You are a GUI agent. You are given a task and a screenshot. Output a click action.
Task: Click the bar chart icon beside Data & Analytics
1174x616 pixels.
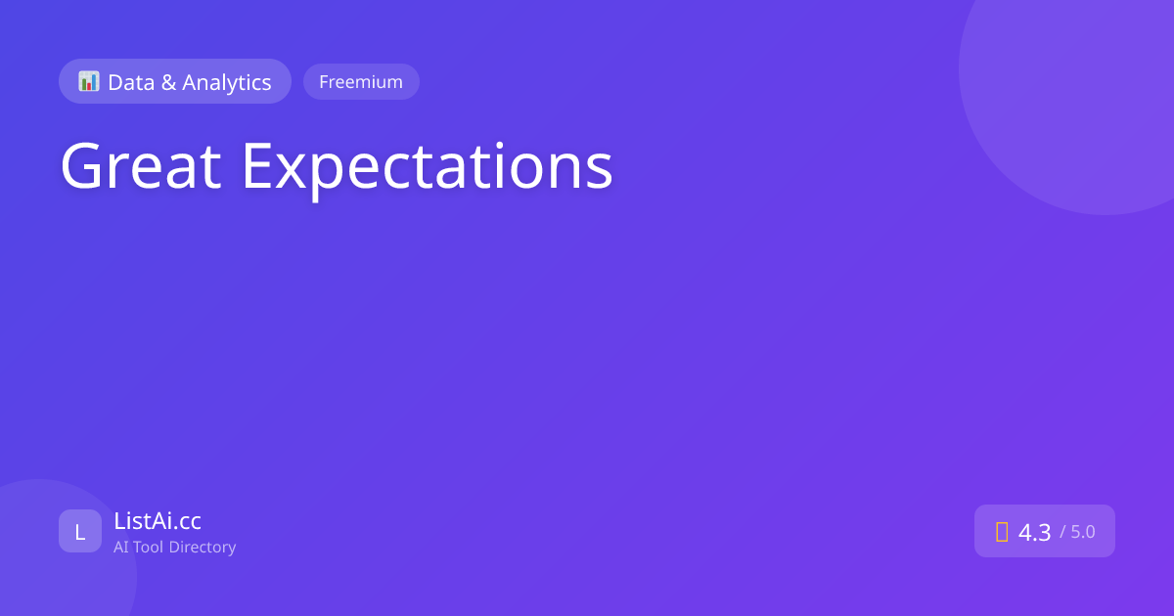tap(89, 81)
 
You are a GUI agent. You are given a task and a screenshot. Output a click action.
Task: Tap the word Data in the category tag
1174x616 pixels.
tap(131, 82)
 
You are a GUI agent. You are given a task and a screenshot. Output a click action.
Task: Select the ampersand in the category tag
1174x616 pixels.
tap(168, 82)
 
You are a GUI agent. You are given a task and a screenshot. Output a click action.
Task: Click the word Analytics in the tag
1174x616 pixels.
tap(226, 83)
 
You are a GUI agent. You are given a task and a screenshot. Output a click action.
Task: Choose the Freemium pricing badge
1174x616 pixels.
tap(361, 82)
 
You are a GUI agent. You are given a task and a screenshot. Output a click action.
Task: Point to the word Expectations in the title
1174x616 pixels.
tap(427, 168)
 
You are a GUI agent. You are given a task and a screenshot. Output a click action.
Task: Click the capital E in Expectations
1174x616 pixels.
tap(257, 166)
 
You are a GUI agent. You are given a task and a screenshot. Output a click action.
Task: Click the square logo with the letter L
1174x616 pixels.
tap(80, 531)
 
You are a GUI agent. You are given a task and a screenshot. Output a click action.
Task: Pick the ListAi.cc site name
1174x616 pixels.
tap(158, 520)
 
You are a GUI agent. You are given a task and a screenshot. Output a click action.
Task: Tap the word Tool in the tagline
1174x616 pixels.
tap(149, 547)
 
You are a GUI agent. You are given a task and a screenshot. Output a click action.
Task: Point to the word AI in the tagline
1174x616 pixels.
tap(121, 547)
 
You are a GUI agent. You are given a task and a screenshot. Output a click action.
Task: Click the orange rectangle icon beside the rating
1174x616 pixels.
tap(1002, 532)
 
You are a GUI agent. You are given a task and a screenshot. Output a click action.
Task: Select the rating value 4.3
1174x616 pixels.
tap(1034, 532)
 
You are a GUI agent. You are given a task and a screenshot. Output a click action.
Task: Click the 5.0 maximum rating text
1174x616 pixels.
tap(1083, 532)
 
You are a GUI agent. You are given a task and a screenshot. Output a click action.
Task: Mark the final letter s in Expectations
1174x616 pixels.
tap(600, 172)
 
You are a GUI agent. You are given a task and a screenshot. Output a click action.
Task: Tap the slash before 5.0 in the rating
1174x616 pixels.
tap(1062, 532)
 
